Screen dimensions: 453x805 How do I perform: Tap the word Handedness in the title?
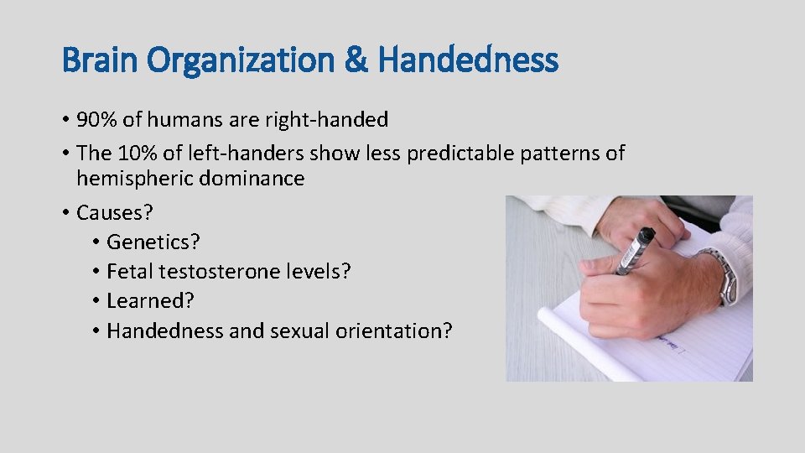tap(468, 60)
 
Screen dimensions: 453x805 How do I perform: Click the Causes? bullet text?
tap(111, 212)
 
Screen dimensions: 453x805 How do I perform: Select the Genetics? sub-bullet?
tap(153, 242)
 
